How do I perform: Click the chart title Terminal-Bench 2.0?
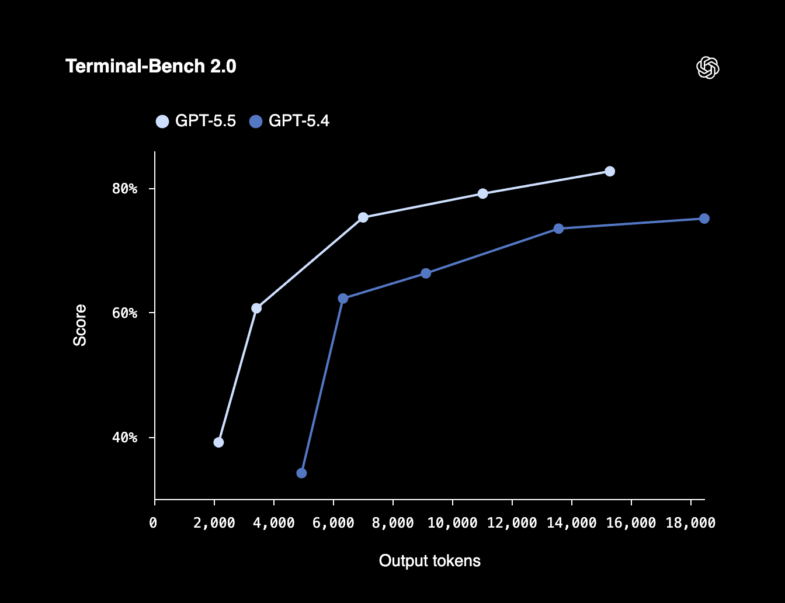click(x=151, y=67)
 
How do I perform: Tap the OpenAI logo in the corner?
click(x=707, y=68)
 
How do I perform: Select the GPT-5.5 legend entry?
click(x=196, y=121)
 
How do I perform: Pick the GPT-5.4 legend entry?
click(x=290, y=121)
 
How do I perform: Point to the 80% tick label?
click(x=124, y=189)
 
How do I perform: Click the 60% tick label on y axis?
click(x=124, y=313)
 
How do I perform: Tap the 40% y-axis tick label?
click(x=124, y=438)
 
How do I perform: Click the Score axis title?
click(x=79, y=325)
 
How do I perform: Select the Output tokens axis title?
click(x=429, y=561)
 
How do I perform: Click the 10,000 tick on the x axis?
click(x=452, y=523)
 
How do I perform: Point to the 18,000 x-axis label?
click(x=690, y=523)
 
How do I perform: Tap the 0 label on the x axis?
click(x=153, y=523)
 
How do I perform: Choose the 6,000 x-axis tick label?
click(x=333, y=523)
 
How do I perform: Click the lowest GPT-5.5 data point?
click(x=218, y=442)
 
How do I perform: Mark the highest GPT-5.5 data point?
click(x=610, y=171)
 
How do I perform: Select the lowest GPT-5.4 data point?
click(x=301, y=473)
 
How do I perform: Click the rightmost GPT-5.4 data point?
click(x=704, y=219)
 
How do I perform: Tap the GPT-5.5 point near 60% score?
click(x=256, y=308)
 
